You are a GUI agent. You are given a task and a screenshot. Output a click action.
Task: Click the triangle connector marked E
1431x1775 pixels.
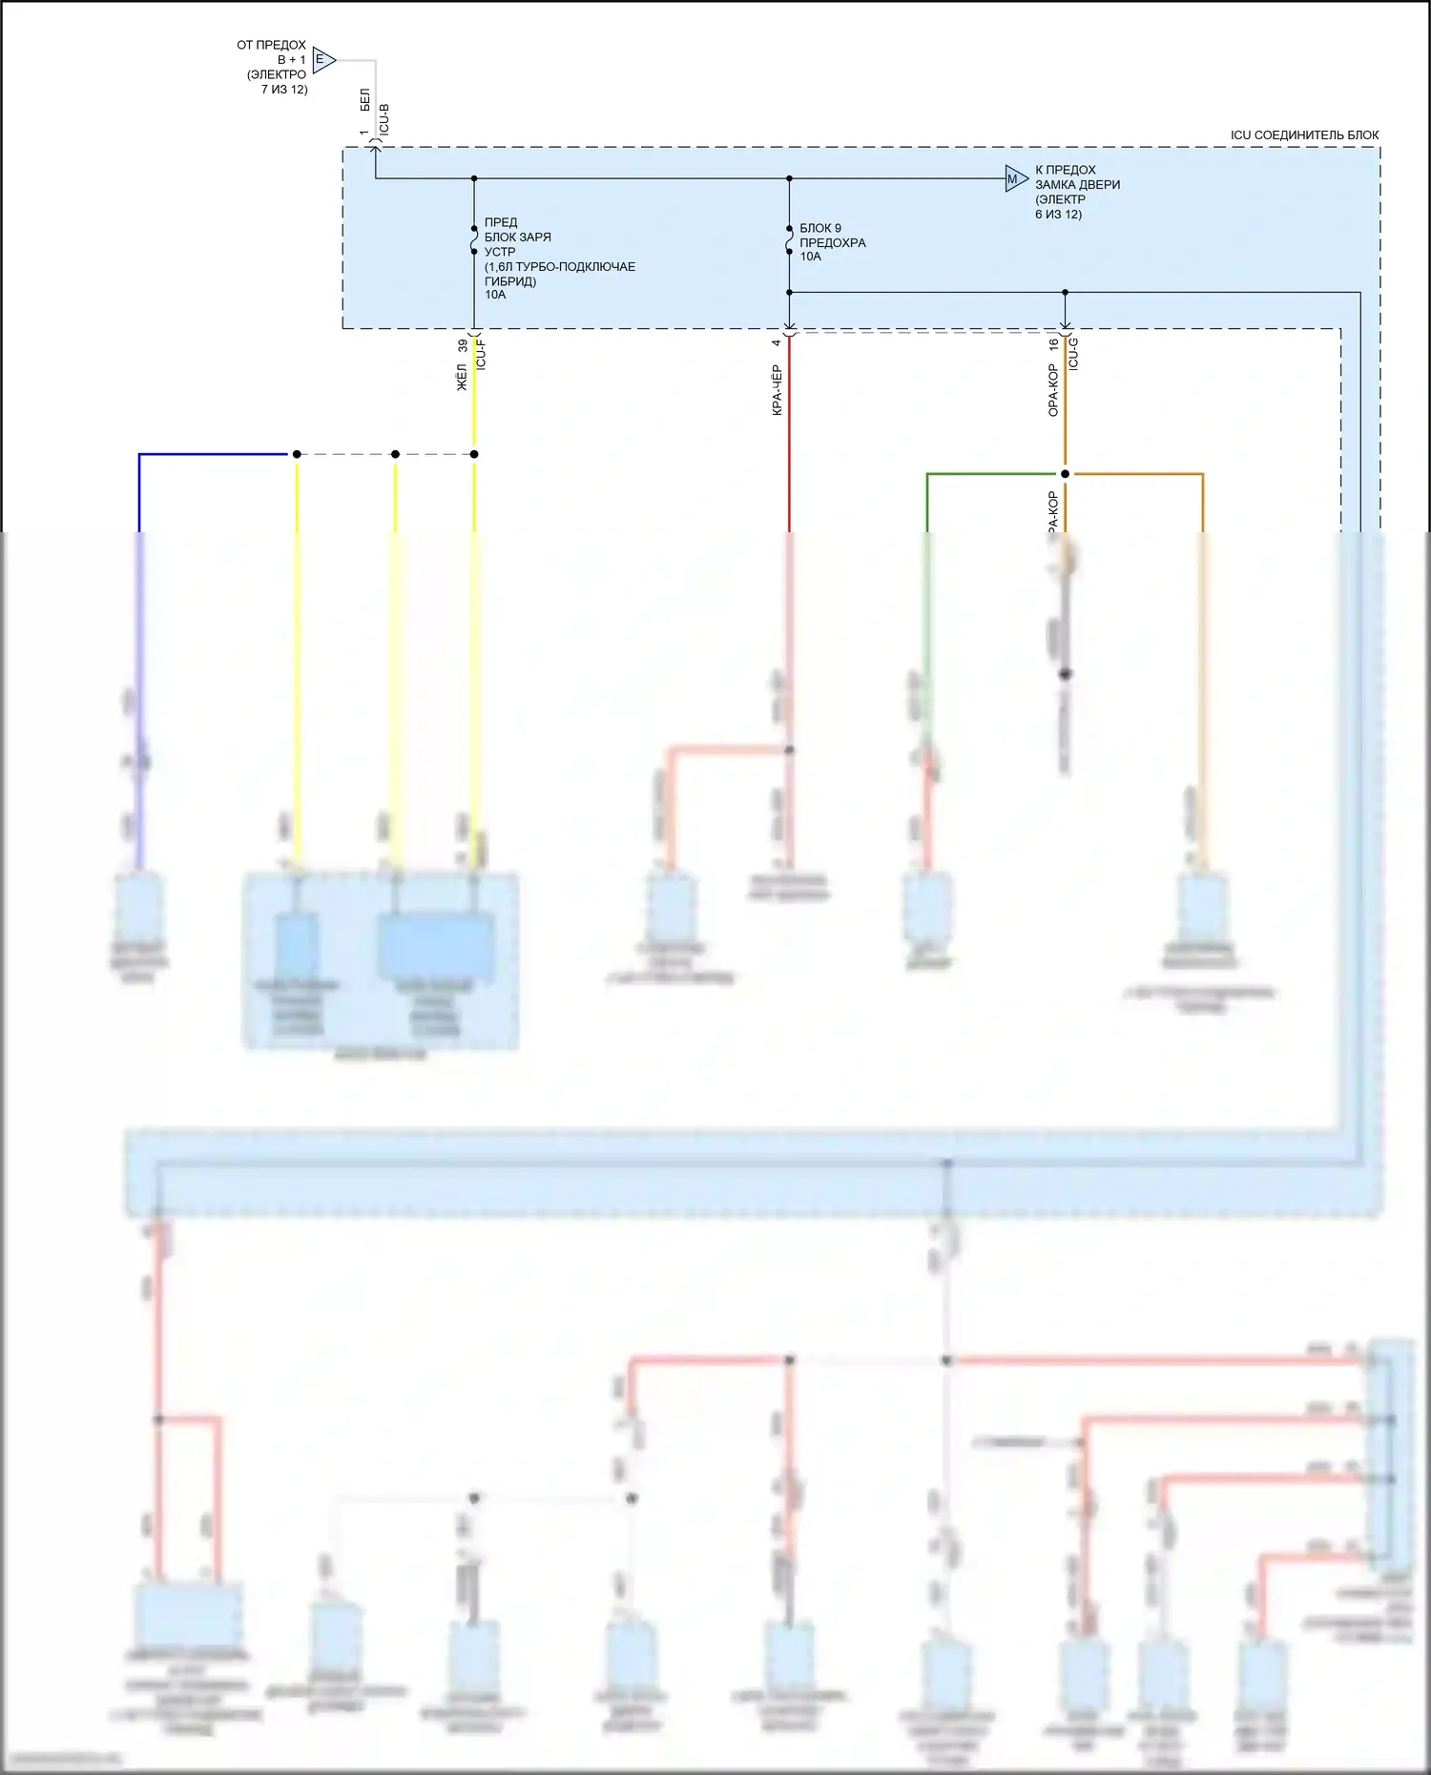point(322,60)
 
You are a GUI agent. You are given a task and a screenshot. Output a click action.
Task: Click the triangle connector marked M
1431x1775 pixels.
point(1015,178)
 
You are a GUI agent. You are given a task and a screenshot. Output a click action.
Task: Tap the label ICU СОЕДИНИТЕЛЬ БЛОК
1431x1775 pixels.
point(1304,135)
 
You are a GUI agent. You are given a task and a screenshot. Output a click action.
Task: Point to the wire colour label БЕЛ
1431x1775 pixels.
point(364,100)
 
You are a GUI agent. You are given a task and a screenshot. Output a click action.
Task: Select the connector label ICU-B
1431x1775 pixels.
point(384,119)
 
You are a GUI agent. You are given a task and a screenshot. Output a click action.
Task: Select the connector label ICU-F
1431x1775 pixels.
point(481,355)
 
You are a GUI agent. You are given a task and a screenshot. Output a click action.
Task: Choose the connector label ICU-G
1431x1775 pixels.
point(1073,353)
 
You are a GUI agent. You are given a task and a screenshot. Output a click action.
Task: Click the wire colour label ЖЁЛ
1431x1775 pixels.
point(462,377)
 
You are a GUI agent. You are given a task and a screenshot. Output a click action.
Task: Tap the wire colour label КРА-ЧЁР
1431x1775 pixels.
point(777,389)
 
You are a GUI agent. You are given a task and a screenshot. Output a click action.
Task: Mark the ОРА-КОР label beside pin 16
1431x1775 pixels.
point(1053,389)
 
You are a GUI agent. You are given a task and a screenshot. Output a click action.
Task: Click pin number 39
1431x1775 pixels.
point(463,346)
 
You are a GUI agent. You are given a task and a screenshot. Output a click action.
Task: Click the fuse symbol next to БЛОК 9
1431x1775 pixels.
point(789,240)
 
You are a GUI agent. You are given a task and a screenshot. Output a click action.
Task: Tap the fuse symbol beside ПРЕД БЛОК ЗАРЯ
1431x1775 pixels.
point(474,240)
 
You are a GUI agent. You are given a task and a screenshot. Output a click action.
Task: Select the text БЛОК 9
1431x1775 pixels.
point(820,228)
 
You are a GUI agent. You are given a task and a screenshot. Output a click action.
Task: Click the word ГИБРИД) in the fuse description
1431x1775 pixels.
point(510,281)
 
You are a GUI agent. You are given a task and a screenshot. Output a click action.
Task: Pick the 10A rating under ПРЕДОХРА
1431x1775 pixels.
point(810,257)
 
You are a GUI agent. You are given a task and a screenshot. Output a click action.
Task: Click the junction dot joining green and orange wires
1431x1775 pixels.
point(1065,473)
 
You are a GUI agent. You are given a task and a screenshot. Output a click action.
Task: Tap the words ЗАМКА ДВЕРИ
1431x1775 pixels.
point(1077,184)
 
